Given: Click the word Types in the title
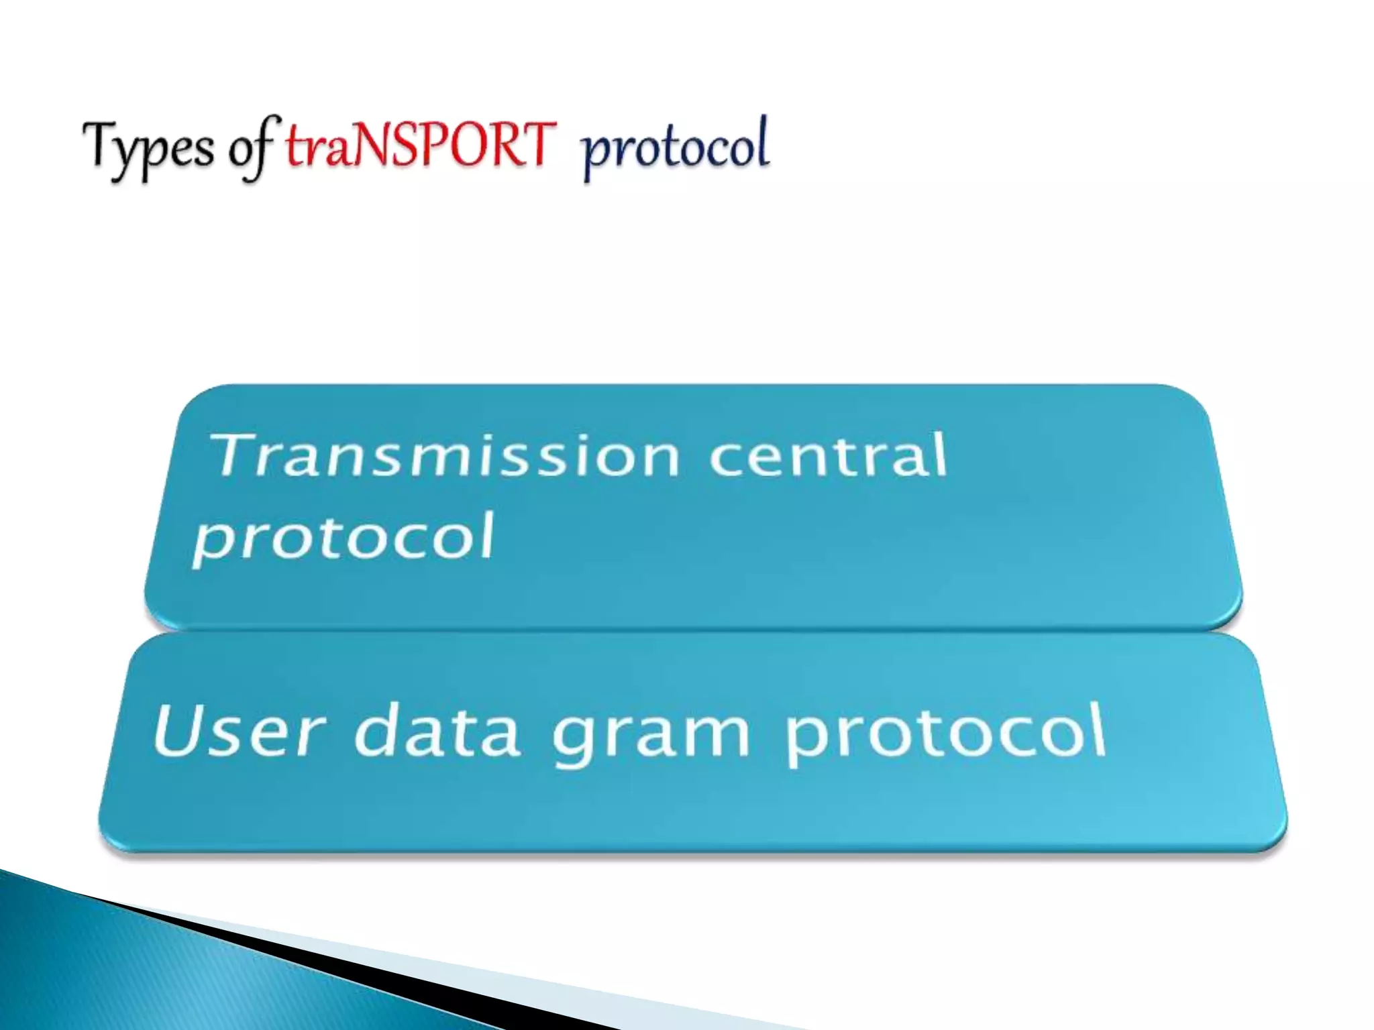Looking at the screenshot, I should pyautogui.click(x=148, y=149).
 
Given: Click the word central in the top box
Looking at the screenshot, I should pyautogui.click(x=828, y=456).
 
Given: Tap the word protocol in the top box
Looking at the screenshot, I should pyautogui.click(x=343, y=538).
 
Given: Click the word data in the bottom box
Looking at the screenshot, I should pyautogui.click(x=437, y=731).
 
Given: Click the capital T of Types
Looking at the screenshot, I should pyautogui.click(x=101, y=144).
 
